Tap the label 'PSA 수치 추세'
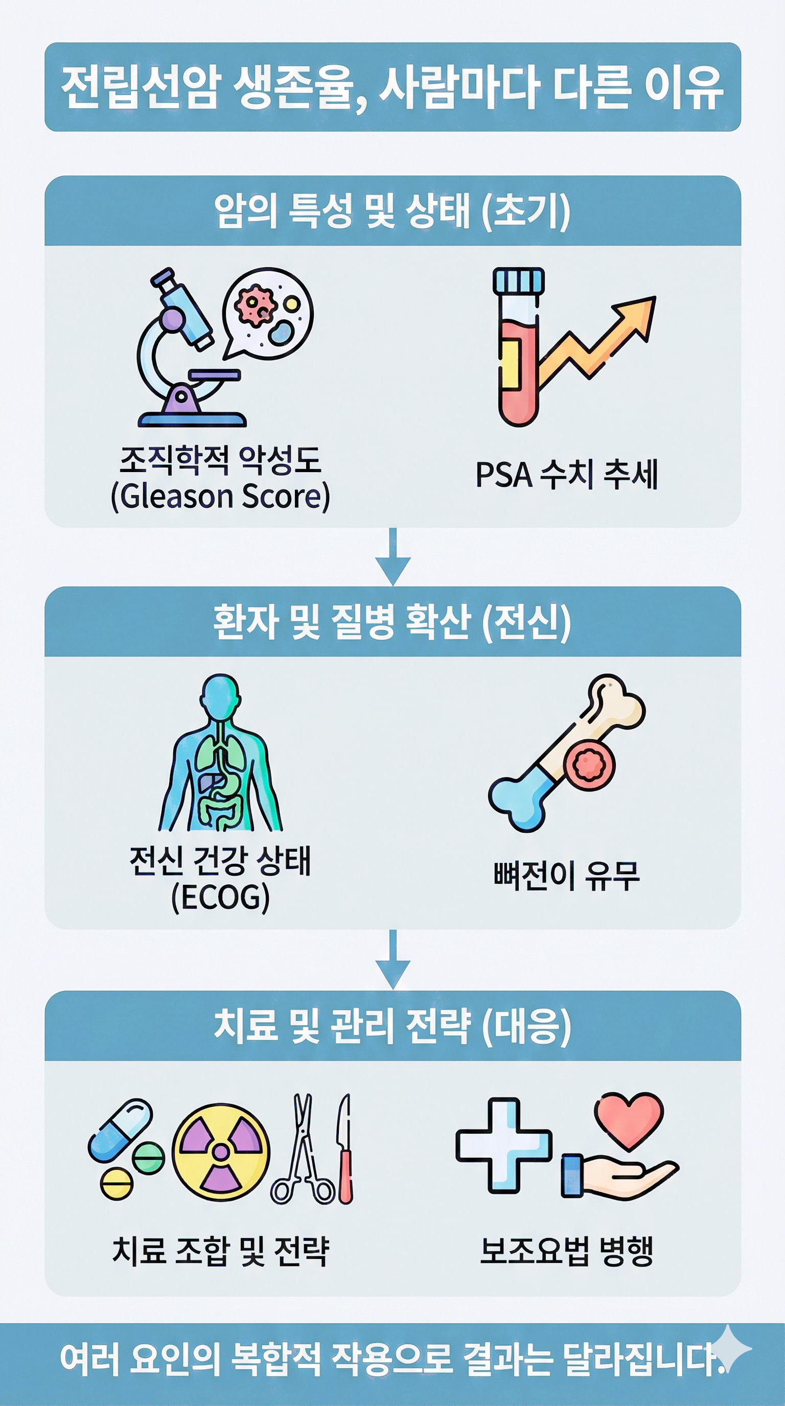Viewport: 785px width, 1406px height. coord(566,474)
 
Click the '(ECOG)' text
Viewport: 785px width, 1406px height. coord(220,898)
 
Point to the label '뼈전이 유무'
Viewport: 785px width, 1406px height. coord(566,876)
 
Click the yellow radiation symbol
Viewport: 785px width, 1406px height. coord(221,1152)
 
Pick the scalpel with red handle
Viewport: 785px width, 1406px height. coord(345,1149)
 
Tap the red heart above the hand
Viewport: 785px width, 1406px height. coord(629,1119)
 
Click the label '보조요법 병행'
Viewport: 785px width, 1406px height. coord(566,1251)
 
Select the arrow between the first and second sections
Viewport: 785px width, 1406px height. coord(392,557)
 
